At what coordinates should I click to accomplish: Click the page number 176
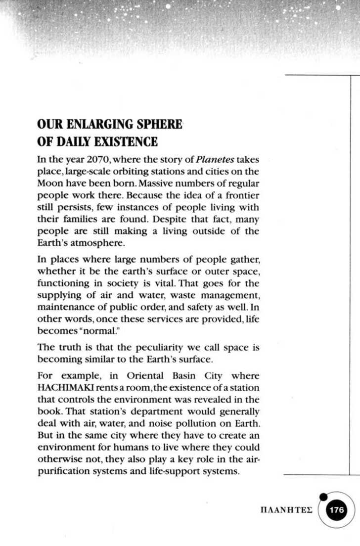[x=337, y=510]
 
